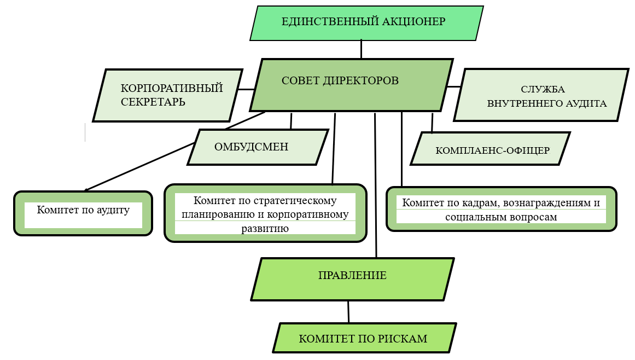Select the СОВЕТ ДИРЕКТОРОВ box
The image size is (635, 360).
click(351, 84)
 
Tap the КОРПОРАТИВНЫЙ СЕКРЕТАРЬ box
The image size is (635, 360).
click(167, 95)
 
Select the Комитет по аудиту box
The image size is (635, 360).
click(83, 213)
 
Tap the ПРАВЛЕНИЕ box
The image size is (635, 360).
click(352, 279)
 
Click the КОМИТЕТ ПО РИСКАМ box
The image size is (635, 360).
click(363, 338)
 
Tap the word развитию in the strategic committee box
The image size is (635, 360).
click(265, 228)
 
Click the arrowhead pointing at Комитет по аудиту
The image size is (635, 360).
click(86, 189)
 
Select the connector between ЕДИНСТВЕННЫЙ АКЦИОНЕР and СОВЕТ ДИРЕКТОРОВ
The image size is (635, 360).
click(361, 49)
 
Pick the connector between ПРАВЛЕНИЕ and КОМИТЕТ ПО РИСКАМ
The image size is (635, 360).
click(348, 312)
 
